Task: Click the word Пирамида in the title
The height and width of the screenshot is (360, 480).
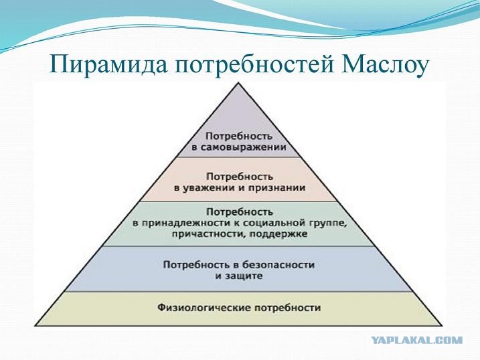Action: click(x=108, y=65)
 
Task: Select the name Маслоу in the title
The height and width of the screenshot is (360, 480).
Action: click(x=384, y=64)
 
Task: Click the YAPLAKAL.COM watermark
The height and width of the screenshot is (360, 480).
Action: click(x=417, y=340)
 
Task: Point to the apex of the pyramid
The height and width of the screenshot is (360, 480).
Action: click(x=239, y=82)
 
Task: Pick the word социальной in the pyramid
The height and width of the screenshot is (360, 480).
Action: click(x=274, y=223)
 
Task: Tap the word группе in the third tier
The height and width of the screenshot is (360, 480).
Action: click(x=329, y=223)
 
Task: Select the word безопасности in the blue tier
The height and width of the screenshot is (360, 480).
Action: click(x=278, y=264)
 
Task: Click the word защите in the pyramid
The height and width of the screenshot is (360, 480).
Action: click(x=244, y=276)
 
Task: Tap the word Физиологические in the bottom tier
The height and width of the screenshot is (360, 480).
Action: click(x=204, y=307)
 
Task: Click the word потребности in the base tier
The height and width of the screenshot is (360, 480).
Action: click(x=288, y=307)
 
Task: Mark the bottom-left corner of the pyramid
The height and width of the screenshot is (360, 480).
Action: click(x=35, y=325)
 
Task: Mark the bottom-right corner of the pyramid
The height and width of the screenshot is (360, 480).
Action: click(x=443, y=325)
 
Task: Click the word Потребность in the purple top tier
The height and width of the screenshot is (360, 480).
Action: click(x=239, y=136)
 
